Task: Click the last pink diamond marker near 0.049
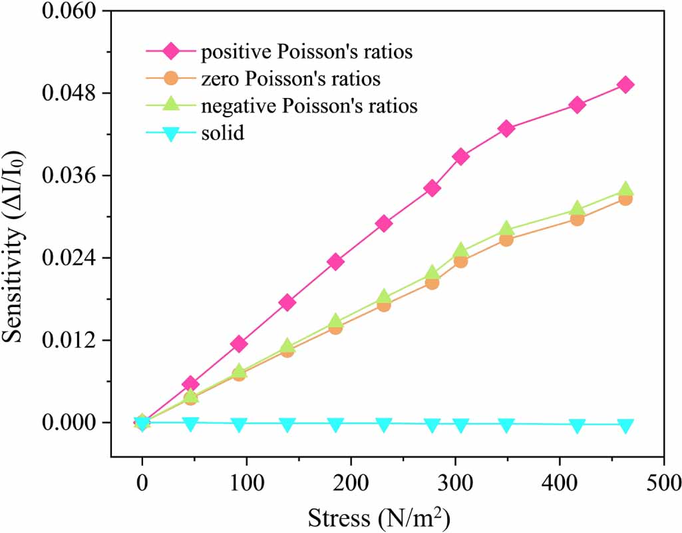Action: tap(625, 85)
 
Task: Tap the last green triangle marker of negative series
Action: tap(625, 190)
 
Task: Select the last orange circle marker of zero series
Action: tap(625, 199)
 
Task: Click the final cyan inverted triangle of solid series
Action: tap(625, 425)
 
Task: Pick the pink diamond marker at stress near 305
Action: tap(460, 157)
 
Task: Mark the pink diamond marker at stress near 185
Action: tap(335, 262)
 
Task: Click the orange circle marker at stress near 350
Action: tap(506, 240)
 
